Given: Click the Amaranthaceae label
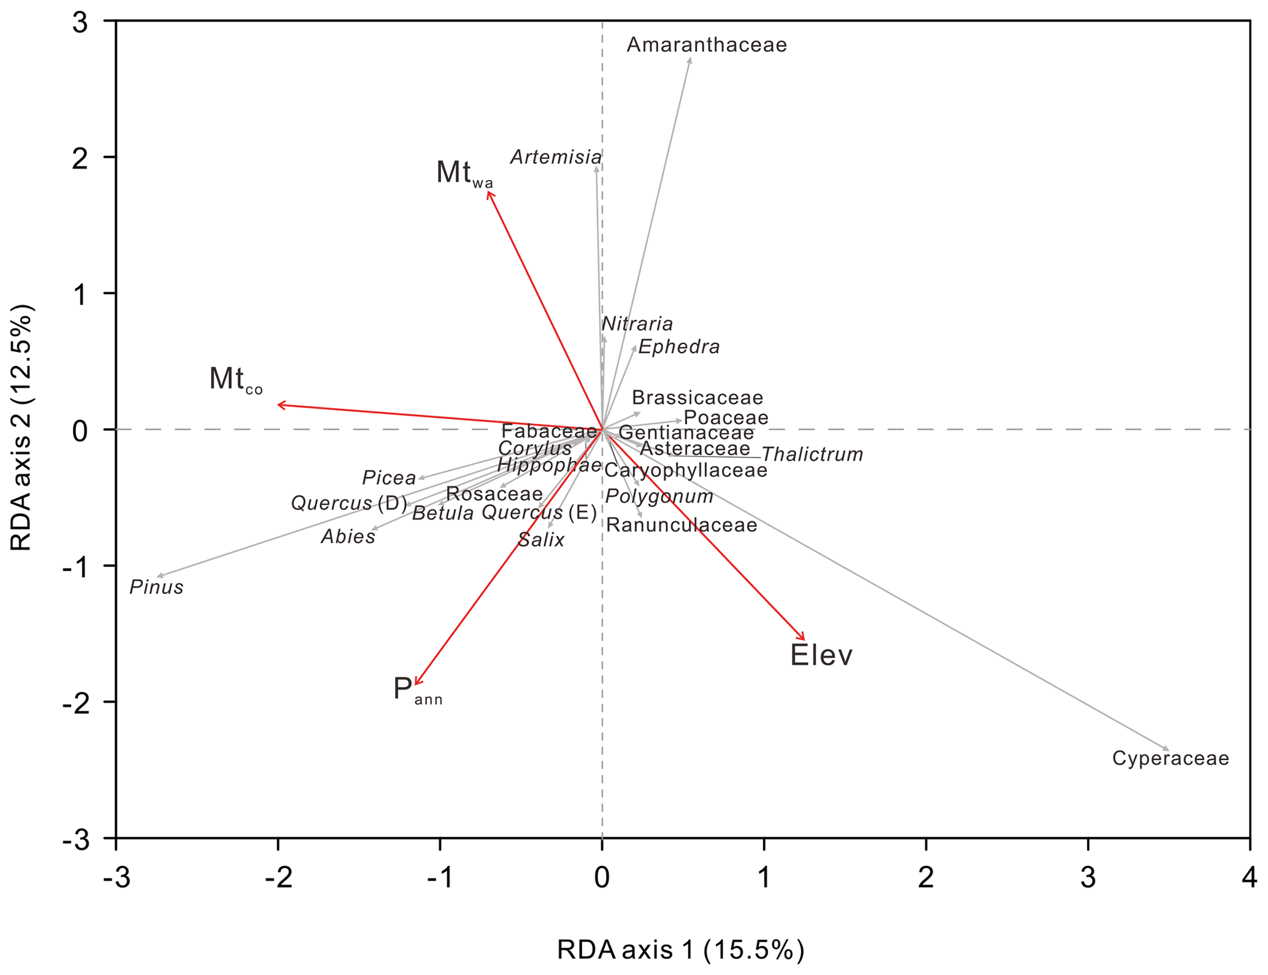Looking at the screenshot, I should (706, 45).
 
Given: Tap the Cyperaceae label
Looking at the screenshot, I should (1170, 758).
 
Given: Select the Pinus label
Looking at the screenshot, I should (156, 587).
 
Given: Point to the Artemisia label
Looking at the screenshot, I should (555, 157).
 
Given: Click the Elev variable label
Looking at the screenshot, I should (821, 655).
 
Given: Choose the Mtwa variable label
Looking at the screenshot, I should (464, 173).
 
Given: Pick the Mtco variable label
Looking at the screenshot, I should (236, 379).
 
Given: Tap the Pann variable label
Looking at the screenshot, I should (417, 689).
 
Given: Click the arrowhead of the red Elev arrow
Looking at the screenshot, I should (804, 639).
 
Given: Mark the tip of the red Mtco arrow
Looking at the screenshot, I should (279, 404).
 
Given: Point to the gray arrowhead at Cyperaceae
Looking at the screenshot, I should (1167, 749).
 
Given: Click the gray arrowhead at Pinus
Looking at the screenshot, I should (159, 575).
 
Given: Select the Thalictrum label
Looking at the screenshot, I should (812, 454).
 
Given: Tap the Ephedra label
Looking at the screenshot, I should (678, 347).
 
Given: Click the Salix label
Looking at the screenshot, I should (540, 540).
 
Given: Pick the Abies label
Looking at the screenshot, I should (348, 537).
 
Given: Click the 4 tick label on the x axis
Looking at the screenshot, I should (1249, 878).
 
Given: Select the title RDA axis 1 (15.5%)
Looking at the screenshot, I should (680, 949).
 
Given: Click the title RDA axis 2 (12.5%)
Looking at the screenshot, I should (22, 428).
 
